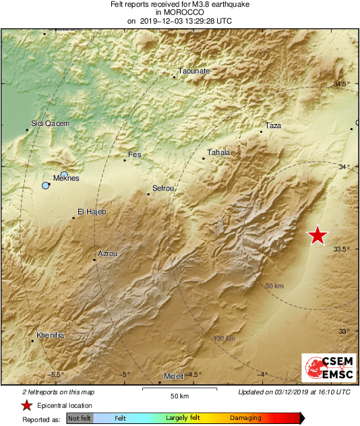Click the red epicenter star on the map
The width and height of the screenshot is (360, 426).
click(x=318, y=235)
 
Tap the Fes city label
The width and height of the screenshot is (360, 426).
click(x=135, y=155)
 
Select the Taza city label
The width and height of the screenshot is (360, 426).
click(x=273, y=126)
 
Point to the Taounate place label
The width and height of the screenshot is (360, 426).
click(x=193, y=71)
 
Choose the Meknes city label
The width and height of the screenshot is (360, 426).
click(x=66, y=179)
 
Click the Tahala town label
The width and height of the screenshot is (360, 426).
click(x=218, y=153)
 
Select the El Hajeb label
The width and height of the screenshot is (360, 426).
click(x=92, y=212)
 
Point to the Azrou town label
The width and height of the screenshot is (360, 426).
click(x=108, y=254)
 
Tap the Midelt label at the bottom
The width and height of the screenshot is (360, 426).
click(x=174, y=375)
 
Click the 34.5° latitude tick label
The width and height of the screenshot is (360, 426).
click(x=342, y=84)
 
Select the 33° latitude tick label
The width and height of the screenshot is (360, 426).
click(x=344, y=331)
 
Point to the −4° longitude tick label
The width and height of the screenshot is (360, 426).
click(x=263, y=375)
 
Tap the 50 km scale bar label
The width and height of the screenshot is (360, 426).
click(x=178, y=396)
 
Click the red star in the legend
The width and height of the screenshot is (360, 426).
click(x=26, y=405)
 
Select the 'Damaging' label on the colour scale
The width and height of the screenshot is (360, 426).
click(x=245, y=419)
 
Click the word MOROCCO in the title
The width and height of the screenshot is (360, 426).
click(x=179, y=12)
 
